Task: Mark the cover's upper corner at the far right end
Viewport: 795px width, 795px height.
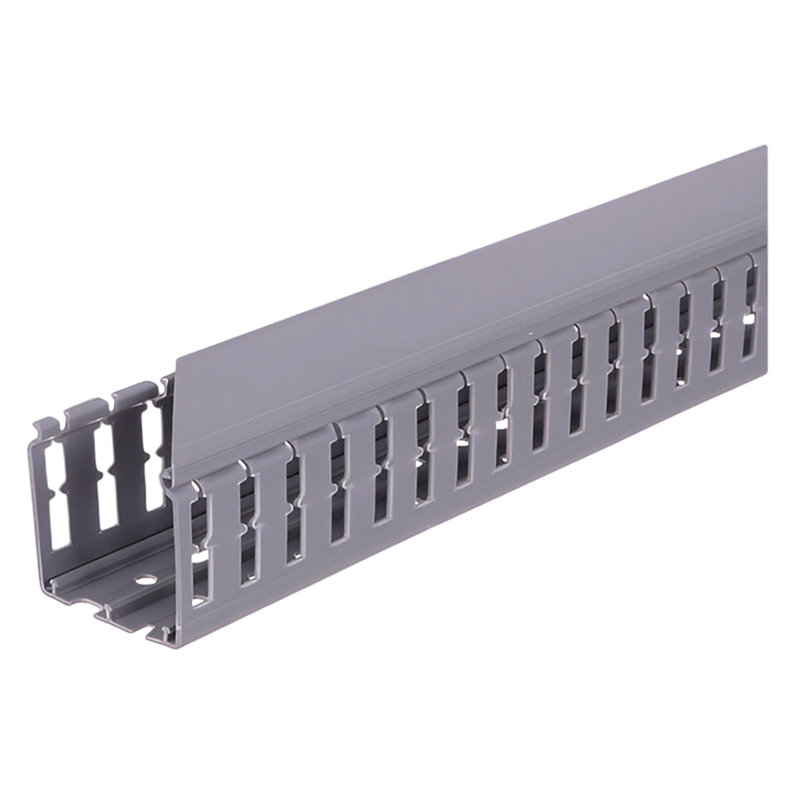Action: click(767, 145)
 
